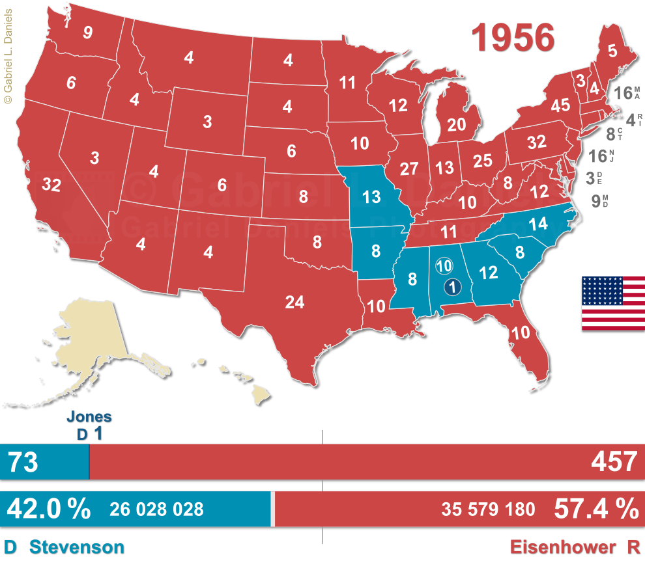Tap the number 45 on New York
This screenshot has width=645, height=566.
pyautogui.click(x=560, y=105)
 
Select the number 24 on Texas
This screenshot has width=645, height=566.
pyautogui.click(x=294, y=302)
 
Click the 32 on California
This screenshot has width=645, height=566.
pyautogui.click(x=51, y=185)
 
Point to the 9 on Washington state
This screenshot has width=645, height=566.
pyautogui.click(x=87, y=33)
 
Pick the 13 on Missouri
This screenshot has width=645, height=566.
pyautogui.click(x=371, y=197)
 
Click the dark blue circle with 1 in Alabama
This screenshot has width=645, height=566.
pyautogui.click(x=451, y=286)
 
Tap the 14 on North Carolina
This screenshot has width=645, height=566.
pyautogui.click(x=537, y=224)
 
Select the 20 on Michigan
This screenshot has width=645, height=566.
pyautogui.click(x=457, y=125)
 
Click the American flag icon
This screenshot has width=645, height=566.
pyautogui.click(x=612, y=303)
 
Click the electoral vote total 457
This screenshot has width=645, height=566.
pyautogui.click(x=613, y=462)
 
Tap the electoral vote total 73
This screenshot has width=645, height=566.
pyautogui.click(x=23, y=462)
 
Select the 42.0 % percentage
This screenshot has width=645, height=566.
pyautogui.click(x=48, y=509)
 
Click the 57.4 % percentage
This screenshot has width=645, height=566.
pyautogui.click(x=595, y=509)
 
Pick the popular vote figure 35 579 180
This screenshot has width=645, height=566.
pyautogui.click(x=488, y=509)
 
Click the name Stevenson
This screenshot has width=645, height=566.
pyautogui.click(x=76, y=547)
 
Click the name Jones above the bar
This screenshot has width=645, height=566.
pyautogui.click(x=91, y=418)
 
